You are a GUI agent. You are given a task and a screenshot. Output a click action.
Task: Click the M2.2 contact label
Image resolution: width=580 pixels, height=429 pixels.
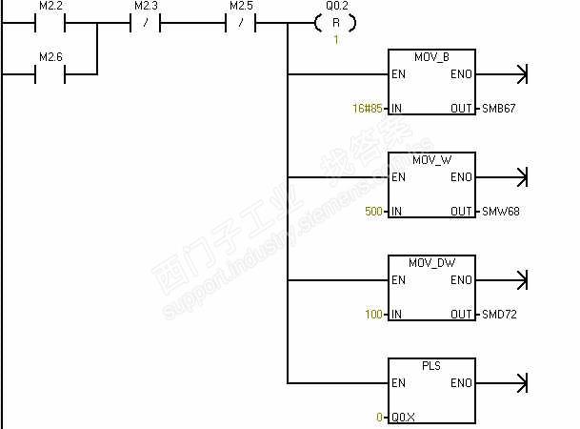(50, 6)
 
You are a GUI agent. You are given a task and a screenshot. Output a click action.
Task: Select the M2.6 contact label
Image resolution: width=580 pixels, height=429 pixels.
(50, 57)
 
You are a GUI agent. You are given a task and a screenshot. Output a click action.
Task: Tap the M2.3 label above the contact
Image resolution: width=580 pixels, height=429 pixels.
(145, 6)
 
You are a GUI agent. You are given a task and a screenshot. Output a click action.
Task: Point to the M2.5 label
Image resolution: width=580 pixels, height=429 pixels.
(240, 6)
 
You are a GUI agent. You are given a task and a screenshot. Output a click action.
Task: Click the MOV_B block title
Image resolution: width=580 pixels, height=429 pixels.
(431, 57)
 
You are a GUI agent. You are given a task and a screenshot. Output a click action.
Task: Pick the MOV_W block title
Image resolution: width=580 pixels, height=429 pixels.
(431, 160)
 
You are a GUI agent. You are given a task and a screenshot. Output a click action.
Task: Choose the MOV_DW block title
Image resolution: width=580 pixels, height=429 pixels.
(431, 263)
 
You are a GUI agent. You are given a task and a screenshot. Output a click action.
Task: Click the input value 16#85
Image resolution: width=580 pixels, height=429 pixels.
(368, 109)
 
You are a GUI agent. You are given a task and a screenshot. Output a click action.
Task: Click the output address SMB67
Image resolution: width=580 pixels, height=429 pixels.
(499, 109)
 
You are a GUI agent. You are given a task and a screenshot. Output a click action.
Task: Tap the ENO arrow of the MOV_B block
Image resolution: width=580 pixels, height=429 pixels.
(519, 74)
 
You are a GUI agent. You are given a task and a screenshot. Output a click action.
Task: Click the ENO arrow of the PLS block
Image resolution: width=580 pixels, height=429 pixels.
(519, 383)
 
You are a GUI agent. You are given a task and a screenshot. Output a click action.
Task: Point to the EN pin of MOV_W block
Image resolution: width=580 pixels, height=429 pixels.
(399, 177)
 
